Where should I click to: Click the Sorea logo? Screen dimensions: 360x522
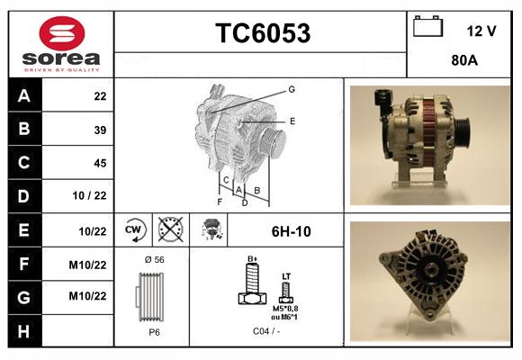[x=60, y=45]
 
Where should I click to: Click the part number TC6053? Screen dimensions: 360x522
[x=262, y=34]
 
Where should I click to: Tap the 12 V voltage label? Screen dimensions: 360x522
[x=481, y=31]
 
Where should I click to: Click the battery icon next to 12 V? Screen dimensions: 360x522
[x=427, y=28]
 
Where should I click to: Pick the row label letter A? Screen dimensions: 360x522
[x=24, y=95]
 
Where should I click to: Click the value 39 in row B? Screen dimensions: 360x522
[x=100, y=130]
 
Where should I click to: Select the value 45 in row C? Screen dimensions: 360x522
[x=100, y=163]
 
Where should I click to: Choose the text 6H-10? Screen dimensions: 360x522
[x=292, y=231]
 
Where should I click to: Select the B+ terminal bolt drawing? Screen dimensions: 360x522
[x=253, y=288]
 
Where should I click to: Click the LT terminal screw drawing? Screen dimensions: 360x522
[x=286, y=290]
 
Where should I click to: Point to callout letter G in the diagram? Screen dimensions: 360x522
[x=292, y=89]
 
